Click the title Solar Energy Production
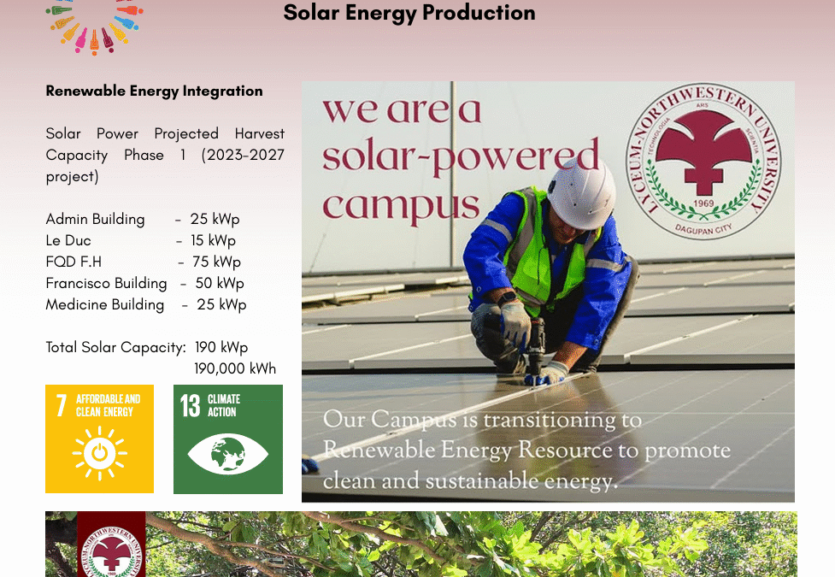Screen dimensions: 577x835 tap(409, 13)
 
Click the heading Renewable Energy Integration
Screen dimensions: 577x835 tap(154, 91)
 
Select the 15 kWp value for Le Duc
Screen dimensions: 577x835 tap(213, 240)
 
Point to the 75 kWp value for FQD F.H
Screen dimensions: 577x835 tap(216, 262)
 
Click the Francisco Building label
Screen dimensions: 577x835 tap(106, 283)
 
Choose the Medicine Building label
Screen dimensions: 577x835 tap(104, 304)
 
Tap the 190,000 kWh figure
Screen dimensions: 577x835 tap(235, 368)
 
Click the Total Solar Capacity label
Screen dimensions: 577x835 tap(115, 347)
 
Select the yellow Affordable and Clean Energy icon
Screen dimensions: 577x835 tap(99, 439)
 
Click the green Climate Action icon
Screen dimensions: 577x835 tap(227, 439)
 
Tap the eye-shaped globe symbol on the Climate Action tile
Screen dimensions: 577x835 tap(227, 454)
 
